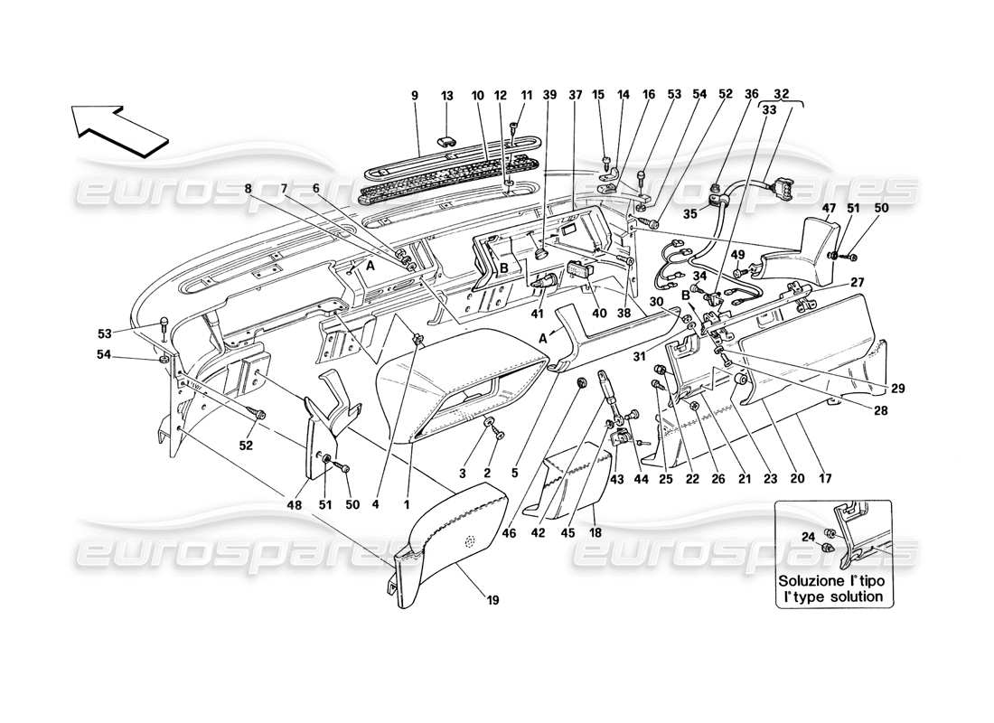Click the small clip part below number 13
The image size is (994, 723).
[x=447, y=142]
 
